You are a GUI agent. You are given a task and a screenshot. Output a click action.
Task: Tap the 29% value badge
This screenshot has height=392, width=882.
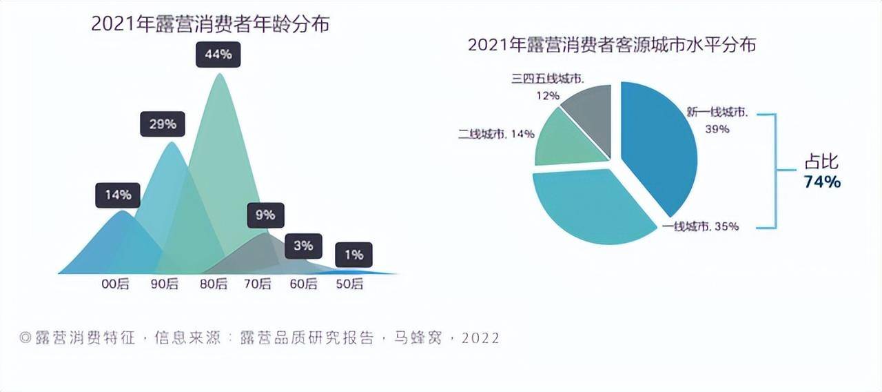[162, 125]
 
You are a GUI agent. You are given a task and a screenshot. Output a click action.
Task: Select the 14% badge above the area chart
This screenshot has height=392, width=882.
[118, 195]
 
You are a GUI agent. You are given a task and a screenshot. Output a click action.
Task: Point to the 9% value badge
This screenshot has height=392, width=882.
[265, 215]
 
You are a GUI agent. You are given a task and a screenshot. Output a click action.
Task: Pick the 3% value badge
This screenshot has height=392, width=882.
[303, 245]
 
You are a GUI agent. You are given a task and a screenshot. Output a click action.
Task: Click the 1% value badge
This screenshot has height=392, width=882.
[353, 255]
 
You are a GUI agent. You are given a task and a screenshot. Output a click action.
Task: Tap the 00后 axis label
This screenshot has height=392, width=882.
[115, 284]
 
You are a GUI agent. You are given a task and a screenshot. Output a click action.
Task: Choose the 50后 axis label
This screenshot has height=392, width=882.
[349, 284]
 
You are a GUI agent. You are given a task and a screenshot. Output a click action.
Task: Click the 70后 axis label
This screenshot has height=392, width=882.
[257, 284]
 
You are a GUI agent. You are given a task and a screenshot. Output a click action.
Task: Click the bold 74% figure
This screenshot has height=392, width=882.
[822, 182]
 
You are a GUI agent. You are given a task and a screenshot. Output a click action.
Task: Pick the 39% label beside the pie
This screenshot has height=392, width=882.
[717, 128]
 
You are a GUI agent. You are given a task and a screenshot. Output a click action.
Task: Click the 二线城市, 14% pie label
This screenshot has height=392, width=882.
[496, 134]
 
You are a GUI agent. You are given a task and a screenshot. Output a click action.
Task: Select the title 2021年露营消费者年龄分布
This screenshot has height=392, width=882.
[210, 24]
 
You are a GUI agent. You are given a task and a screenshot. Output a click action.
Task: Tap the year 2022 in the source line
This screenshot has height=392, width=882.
[480, 338]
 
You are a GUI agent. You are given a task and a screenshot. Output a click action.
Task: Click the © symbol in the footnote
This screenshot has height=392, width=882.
[25, 338]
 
